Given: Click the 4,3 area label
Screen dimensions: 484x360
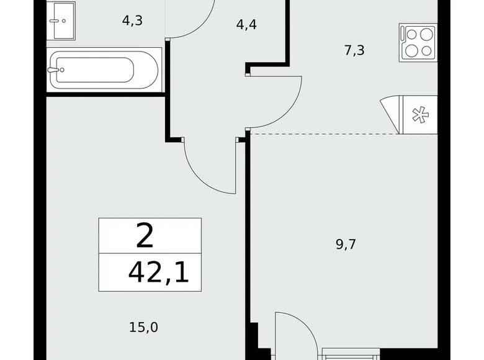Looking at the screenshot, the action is coord(132,20).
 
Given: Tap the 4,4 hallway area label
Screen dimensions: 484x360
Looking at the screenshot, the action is coord(246,24).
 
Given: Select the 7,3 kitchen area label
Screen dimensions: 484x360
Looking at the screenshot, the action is coord(354,50).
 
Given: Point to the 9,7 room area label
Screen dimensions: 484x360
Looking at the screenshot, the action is coord(346,244).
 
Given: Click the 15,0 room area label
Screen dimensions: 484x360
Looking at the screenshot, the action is coord(143,327).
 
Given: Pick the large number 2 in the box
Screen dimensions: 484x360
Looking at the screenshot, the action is coord(145,236).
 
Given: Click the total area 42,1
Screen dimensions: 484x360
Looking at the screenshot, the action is coord(158,273).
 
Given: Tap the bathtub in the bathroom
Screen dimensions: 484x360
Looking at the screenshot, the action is coord(104,70).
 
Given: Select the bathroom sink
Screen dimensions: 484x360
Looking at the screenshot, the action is coord(61,20).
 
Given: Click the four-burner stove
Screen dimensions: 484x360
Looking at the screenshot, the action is coord(418,43).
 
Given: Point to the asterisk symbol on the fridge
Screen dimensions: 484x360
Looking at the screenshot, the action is coord(421,115).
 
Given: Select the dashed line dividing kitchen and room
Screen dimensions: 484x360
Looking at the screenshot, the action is coord(324,134).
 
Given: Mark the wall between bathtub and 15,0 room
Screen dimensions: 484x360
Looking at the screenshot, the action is coord(105,94).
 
